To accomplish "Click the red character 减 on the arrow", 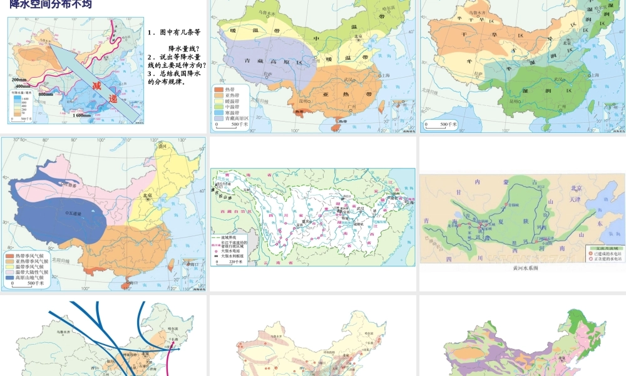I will [x=97, y=85].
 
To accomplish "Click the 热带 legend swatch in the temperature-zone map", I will [x=220, y=90].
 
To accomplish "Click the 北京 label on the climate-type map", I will [x=148, y=196].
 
